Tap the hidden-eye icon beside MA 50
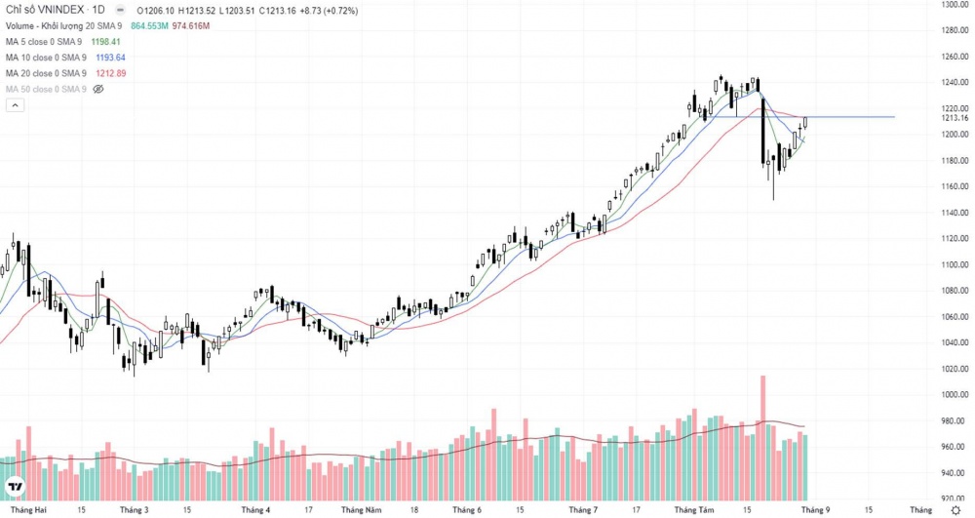coord(97,89)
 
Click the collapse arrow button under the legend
coord(15,105)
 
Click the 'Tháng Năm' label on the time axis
coord(360,509)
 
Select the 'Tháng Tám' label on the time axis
coord(693,509)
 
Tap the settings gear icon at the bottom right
coord(955,509)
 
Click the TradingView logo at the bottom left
coord(16,487)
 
